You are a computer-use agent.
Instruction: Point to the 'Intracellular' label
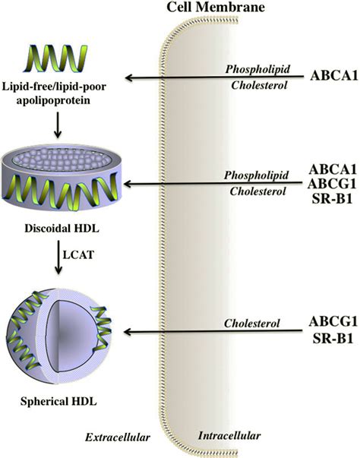tap(229, 436)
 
